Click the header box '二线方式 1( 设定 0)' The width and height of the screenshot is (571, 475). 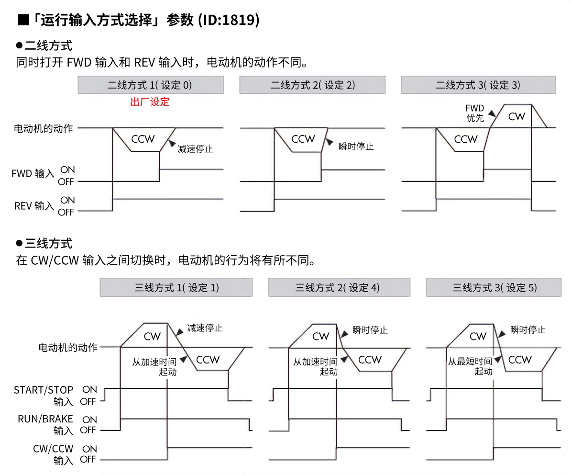point(150,85)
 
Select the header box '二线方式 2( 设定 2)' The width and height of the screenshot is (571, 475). point(312,85)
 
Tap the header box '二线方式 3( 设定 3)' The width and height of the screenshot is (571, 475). point(478,85)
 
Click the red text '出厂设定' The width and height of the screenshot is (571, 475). point(150,102)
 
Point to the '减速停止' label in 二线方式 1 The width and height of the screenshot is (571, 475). point(195,148)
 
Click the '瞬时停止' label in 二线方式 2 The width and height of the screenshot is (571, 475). point(356,147)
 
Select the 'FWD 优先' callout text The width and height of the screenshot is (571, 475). point(475,113)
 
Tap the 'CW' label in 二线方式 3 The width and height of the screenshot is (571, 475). point(516,116)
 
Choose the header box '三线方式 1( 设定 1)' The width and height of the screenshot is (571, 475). point(176,288)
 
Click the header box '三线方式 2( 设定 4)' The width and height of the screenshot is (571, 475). point(339,288)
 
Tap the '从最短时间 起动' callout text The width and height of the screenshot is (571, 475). point(470,366)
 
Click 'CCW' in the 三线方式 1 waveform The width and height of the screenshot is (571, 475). point(208,360)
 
